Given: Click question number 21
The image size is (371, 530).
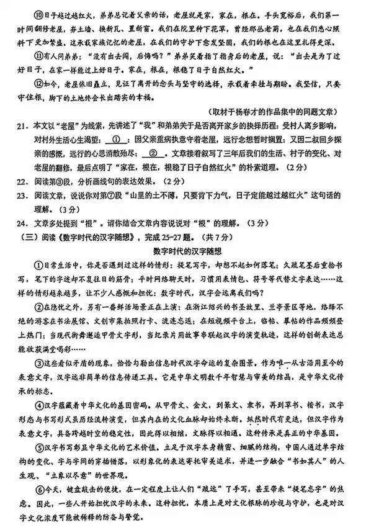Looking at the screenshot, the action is (22, 127).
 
